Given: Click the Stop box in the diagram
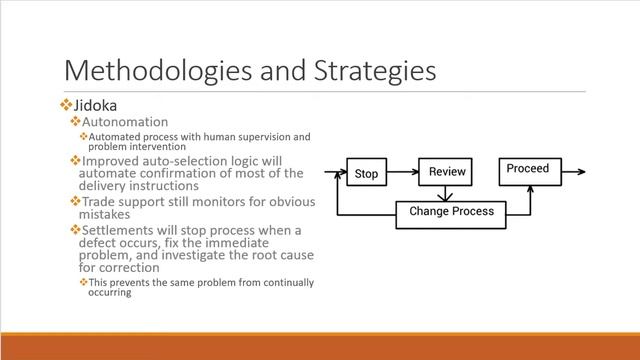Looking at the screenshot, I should pos(367,174).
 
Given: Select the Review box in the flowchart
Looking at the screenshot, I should pos(447,172).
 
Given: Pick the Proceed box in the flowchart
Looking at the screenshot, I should pos(527,169).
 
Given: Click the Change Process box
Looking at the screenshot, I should pos(451,212).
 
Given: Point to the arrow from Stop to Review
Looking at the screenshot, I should pos(403,173).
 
